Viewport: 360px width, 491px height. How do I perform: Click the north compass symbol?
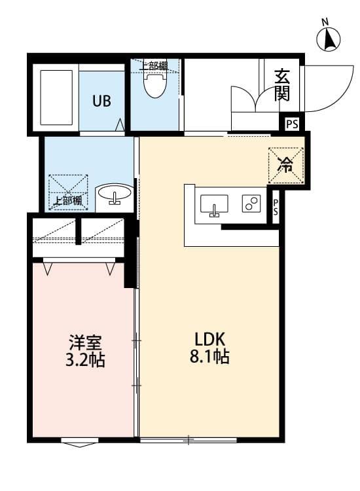click(x=329, y=39)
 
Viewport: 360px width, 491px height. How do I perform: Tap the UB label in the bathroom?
click(x=101, y=101)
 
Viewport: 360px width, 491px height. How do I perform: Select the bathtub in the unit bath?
click(x=56, y=98)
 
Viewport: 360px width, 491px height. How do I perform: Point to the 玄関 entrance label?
click(x=281, y=85)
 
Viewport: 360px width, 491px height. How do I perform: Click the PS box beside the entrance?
click(x=292, y=124)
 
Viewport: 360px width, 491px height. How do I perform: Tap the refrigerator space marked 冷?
click(x=286, y=165)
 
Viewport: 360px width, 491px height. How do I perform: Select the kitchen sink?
click(x=214, y=205)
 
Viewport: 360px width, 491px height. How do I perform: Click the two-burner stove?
click(x=251, y=203)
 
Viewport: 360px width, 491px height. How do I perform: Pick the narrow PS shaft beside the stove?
click(x=276, y=207)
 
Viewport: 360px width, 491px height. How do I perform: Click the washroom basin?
click(x=114, y=194)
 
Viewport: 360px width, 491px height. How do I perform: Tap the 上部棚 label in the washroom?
click(x=67, y=200)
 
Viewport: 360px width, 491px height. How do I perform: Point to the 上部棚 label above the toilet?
click(x=153, y=66)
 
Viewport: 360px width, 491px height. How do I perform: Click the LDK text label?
click(x=209, y=339)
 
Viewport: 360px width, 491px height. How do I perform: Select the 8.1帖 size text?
click(x=209, y=356)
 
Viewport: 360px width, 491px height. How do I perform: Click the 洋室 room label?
click(x=85, y=342)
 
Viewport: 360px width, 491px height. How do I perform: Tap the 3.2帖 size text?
click(x=85, y=359)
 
